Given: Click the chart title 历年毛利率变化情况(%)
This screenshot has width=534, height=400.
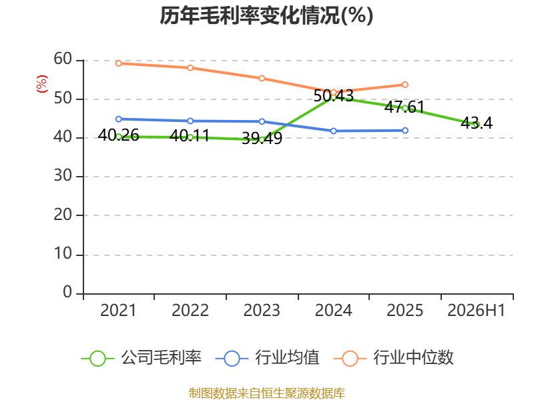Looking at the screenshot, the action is [x=266, y=15].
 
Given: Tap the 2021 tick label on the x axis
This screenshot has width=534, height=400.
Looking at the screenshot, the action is [x=118, y=311].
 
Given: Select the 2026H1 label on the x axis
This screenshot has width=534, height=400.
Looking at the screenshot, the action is [x=477, y=311].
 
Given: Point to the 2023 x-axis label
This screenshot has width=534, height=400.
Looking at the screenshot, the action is [x=262, y=311].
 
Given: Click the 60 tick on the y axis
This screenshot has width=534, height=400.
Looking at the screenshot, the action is [x=63, y=59].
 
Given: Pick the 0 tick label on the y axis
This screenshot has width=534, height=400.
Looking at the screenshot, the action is [x=67, y=292].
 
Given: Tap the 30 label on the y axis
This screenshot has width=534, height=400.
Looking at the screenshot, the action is [x=63, y=176].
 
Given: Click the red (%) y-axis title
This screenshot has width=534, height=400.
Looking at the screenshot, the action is [x=42, y=84].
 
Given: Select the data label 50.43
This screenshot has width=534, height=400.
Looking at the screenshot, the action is [x=333, y=96].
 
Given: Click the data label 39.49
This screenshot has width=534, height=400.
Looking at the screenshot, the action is [x=262, y=139].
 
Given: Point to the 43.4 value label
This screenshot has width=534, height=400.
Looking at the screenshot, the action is [x=477, y=123].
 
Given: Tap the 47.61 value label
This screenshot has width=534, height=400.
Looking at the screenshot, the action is [x=405, y=107].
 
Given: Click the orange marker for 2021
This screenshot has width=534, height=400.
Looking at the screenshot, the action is [x=119, y=63].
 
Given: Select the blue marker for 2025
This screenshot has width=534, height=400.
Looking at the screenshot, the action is [x=405, y=130].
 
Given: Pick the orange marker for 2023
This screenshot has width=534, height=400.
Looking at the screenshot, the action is [x=262, y=78].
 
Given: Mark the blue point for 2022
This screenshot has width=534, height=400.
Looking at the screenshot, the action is [x=190, y=121].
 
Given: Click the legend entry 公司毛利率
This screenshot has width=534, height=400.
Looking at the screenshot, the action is [x=142, y=358].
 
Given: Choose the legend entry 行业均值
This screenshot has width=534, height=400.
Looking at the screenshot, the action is [x=268, y=358].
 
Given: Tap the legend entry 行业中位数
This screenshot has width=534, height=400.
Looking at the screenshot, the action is [x=394, y=358].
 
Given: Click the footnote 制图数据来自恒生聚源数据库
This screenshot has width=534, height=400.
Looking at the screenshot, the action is [x=267, y=393].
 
